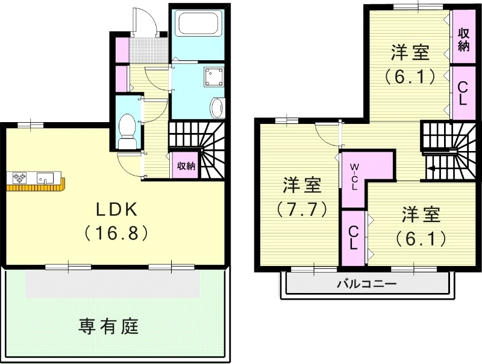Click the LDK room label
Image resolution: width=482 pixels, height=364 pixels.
pyautogui.click(x=118, y=209)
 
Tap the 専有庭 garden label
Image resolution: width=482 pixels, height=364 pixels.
pyautogui.click(x=109, y=327)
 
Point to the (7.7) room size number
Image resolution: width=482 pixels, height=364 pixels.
pyautogui.click(x=301, y=209)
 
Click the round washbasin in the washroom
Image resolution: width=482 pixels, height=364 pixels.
pyautogui.click(x=217, y=108)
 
